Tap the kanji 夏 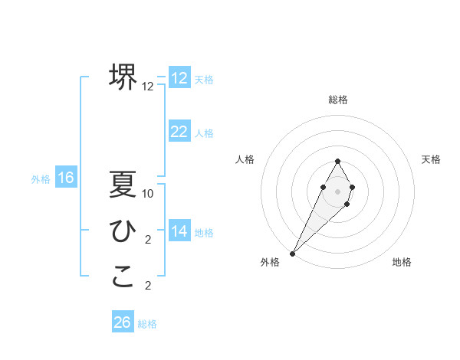(x=123, y=185)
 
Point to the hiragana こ (x=123, y=277)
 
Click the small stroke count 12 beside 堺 (x=148, y=87)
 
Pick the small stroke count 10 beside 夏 (x=148, y=194)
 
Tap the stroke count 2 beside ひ (x=148, y=240)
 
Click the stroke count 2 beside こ (x=148, y=286)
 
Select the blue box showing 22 (x=179, y=132)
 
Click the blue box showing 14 (x=179, y=231)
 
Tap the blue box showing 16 (x=65, y=178)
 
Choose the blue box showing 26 (x=123, y=322)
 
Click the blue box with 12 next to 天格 (x=179, y=78)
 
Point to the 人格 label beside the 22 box (x=204, y=133)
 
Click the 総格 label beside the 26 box (x=148, y=324)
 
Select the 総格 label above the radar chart (x=337, y=100)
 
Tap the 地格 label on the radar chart (x=402, y=263)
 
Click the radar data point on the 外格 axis (x=293, y=253)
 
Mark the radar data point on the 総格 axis (x=337, y=161)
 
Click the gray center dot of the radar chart (x=337, y=189)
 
